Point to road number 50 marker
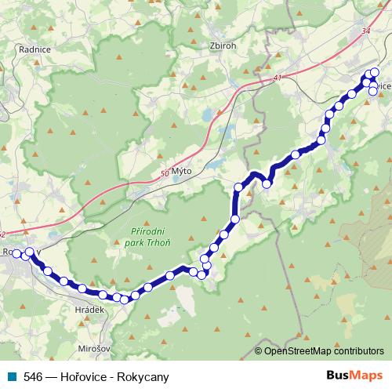163,172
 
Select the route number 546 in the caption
34,377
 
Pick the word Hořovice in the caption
84,377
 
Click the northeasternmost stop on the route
375,72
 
